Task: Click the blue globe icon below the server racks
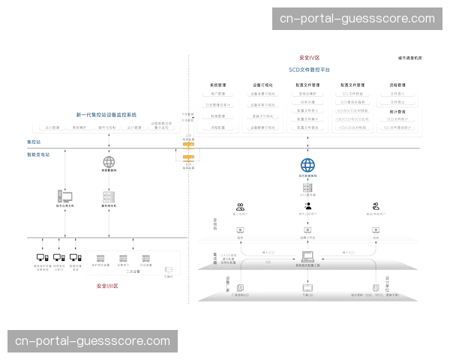tap(307, 165)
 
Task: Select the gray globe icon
tap(109, 161)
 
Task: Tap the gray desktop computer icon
tap(65, 196)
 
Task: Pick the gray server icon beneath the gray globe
tap(109, 195)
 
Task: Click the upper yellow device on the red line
tap(188, 145)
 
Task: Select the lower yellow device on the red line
tap(188, 157)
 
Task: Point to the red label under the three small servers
tap(108, 286)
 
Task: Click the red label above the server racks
tap(309, 57)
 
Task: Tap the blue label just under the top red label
tap(309, 69)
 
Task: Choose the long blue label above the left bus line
tap(106, 114)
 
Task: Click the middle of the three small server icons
tap(122, 258)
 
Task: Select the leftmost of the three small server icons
tap(100, 258)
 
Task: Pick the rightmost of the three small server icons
tap(144, 258)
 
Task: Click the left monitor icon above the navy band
tap(240, 227)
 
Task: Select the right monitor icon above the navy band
tap(376, 227)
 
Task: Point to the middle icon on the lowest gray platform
tap(306, 286)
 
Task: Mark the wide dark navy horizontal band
tap(307, 239)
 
